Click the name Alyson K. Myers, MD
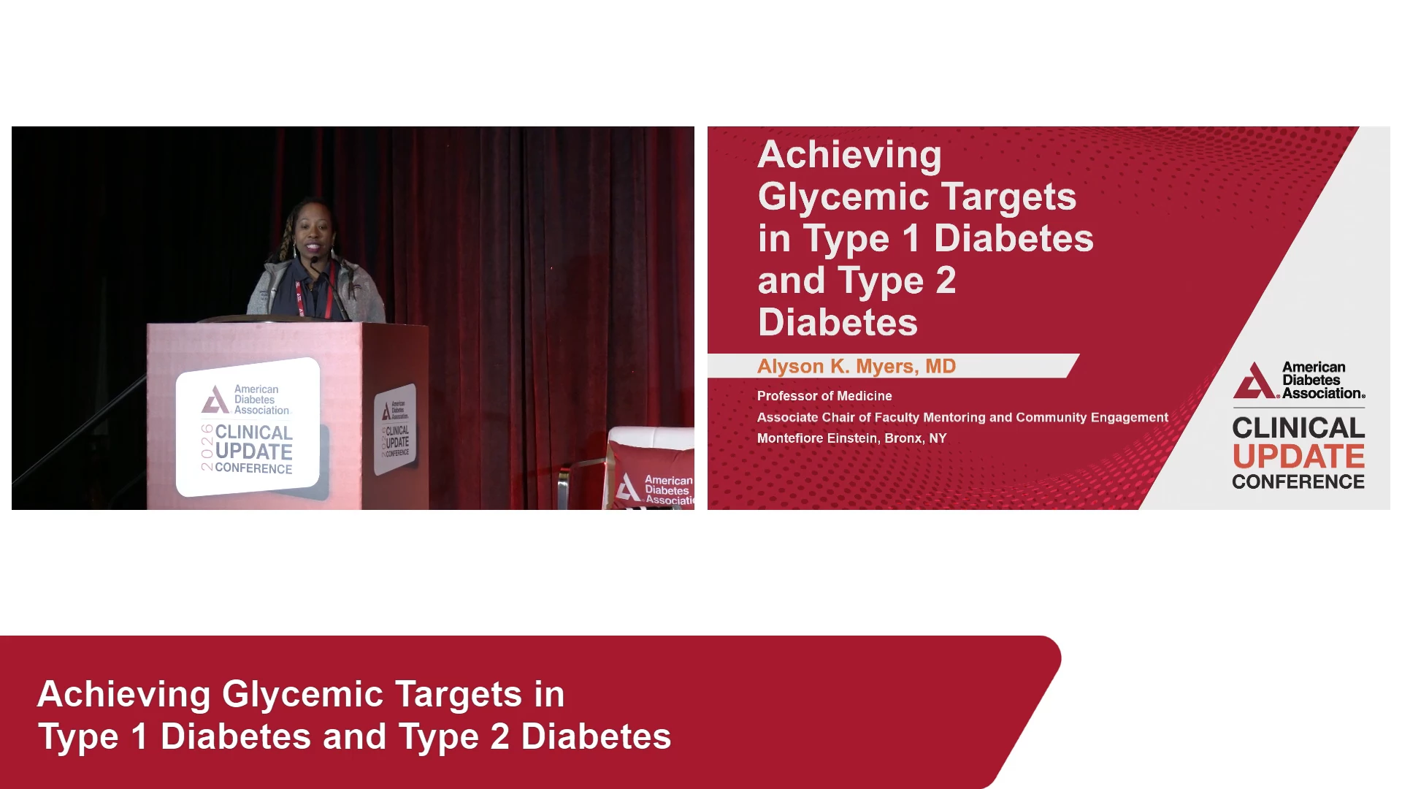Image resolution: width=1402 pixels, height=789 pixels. click(x=857, y=366)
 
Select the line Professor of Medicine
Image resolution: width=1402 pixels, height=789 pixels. click(x=824, y=396)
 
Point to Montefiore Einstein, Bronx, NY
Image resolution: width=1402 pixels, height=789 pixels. click(x=851, y=438)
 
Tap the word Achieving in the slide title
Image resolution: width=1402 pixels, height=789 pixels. click(x=850, y=155)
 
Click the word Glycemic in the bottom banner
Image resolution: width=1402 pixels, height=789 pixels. click(x=302, y=695)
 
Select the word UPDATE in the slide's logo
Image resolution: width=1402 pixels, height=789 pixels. click(x=1298, y=457)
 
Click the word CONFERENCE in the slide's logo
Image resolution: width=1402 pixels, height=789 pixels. click(x=1298, y=482)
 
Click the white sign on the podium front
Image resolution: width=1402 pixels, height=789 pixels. click(x=248, y=427)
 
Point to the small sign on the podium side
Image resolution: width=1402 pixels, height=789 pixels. click(x=395, y=430)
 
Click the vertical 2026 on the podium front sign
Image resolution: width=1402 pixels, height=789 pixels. click(x=207, y=447)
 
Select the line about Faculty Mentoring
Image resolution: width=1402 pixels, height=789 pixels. click(x=962, y=417)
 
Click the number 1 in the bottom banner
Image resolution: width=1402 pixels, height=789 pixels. click(x=139, y=736)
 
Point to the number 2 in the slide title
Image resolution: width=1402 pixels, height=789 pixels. click(x=946, y=281)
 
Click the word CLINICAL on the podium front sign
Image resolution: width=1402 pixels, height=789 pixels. click(x=254, y=432)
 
